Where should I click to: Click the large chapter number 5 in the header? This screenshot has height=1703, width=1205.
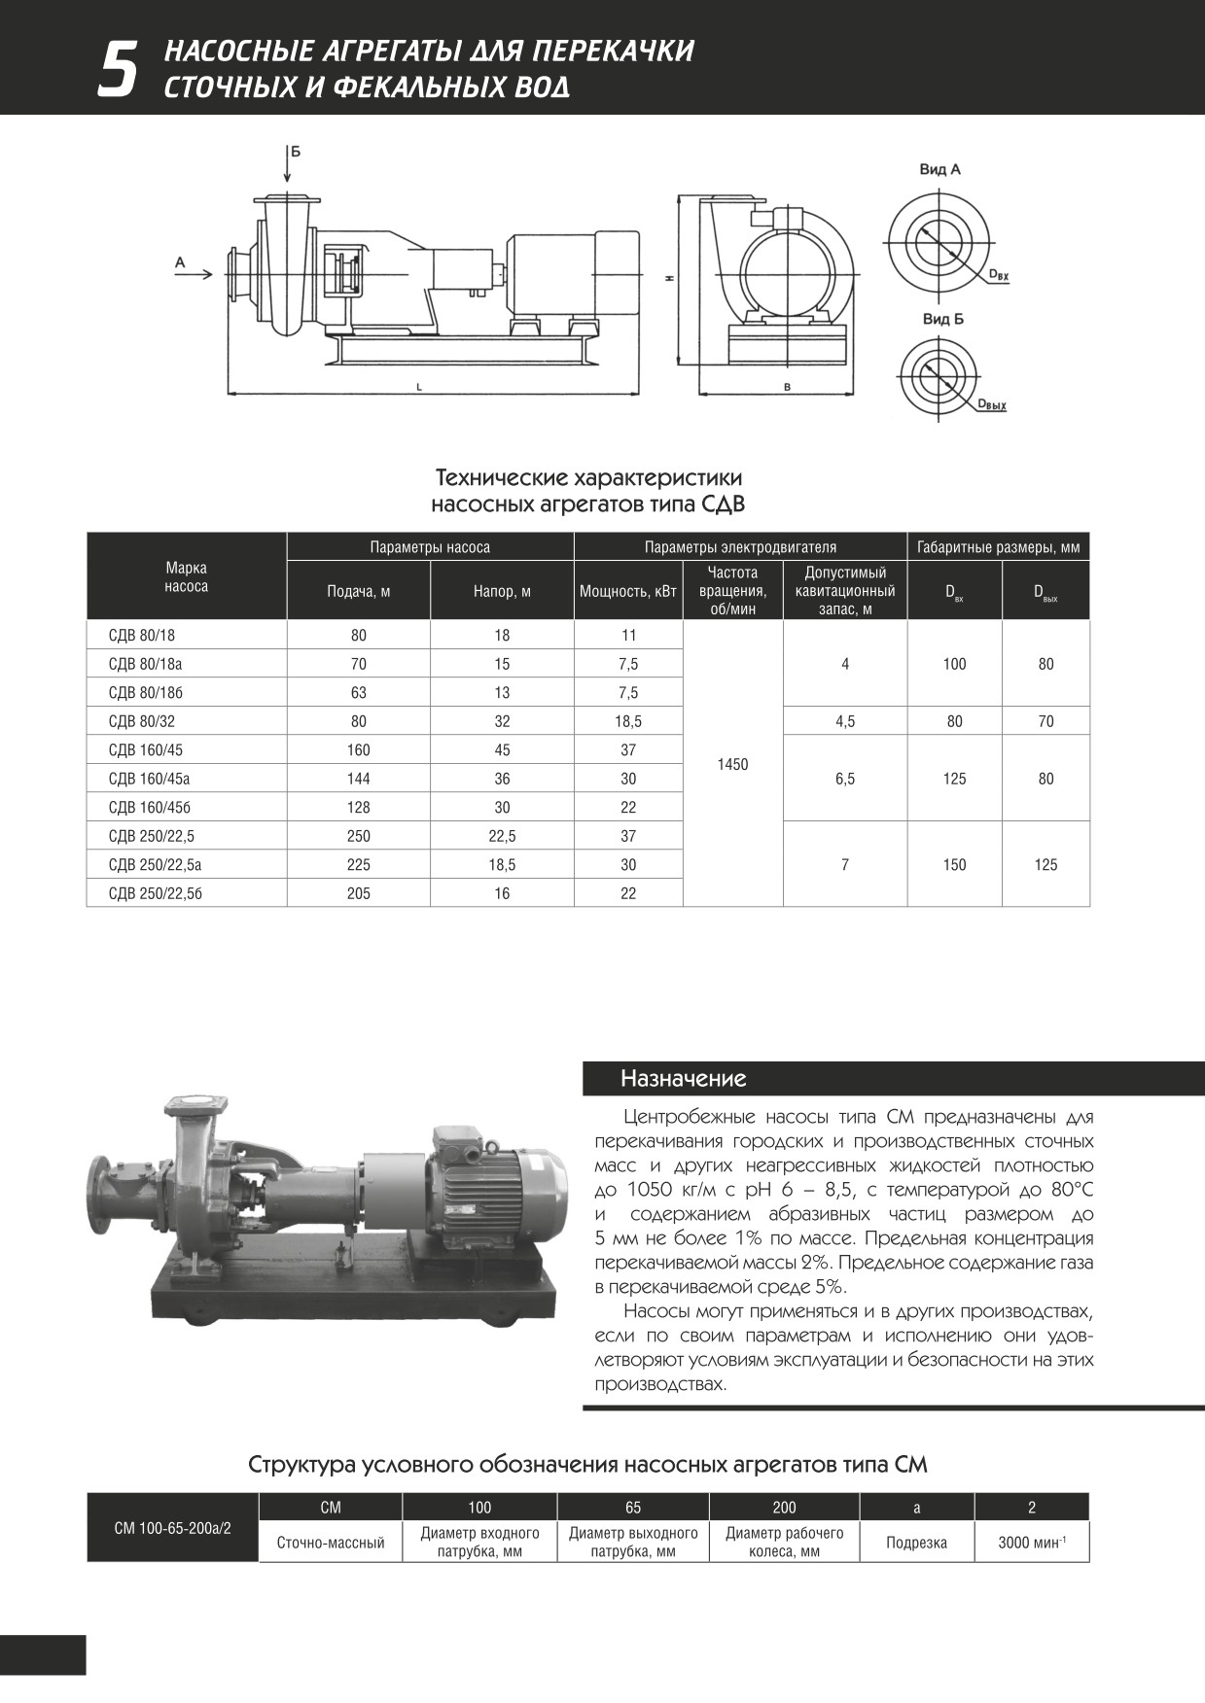pyautogui.click(x=117, y=69)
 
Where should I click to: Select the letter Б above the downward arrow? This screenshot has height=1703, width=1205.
pyautogui.click(x=295, y=152)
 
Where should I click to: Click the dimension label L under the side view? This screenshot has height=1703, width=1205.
pyautogui.click(x=418, y=387)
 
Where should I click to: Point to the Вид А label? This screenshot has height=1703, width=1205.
pyautogui.click(x=939, y=169)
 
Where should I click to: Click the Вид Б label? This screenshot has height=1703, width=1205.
pyautogui.click(x=942, y=319)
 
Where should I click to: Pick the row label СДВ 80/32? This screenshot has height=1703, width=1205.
pyautogui.click(x=142, y=721)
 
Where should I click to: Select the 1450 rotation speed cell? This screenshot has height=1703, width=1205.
pyautogui.click(x=732, y=764)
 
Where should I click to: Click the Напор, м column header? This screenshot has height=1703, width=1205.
pyautogui.click(x=502, y=591)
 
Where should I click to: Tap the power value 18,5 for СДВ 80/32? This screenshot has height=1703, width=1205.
pyautogui.click(x=628, y=721)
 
